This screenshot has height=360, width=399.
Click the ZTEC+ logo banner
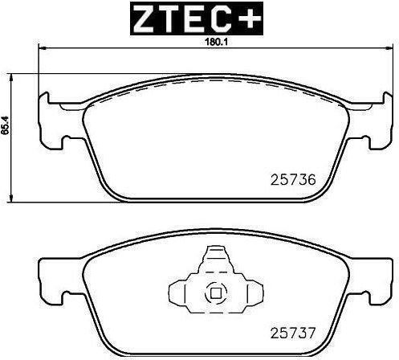pos(197,18)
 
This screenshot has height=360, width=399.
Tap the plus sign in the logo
pos(250,18)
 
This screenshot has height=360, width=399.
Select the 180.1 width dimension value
pos(214,42)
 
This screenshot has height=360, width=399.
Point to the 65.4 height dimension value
pos(4,125)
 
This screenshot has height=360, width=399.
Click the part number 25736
pos(293,180)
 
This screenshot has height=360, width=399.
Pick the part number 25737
pos(293,333)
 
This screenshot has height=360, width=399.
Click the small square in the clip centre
pos(216,293)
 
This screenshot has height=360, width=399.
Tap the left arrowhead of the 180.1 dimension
pos(43,48)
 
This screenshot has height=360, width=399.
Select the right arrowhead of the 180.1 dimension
pos(390,48)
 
